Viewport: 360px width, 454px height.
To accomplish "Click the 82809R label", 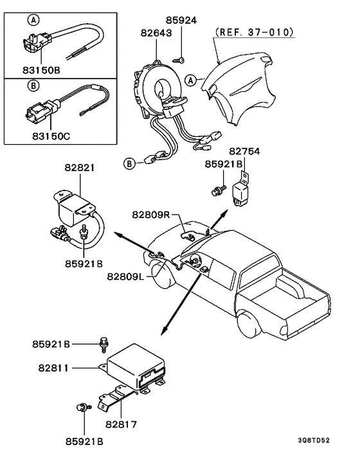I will click(x=154, y=214).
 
